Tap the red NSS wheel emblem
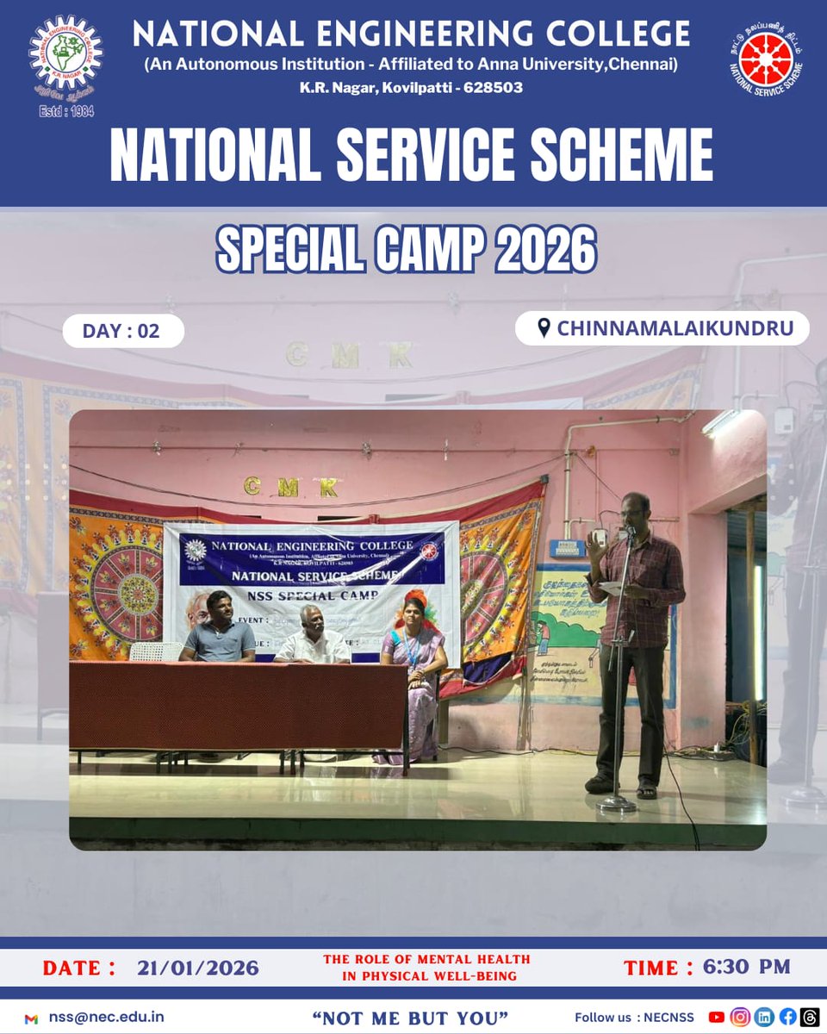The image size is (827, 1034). pos(766,61)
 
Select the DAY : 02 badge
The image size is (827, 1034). pos(122,331)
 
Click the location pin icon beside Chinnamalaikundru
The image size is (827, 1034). pos(544,328)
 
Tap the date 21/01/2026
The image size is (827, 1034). pos(197,967)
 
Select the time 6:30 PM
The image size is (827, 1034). pos(746,966)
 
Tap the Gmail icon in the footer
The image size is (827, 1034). pos(32,1018)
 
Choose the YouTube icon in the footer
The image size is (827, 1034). pos(717,1017)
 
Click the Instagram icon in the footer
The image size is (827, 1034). pos(740,1017)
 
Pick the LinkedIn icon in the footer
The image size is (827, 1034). pos(763,1017)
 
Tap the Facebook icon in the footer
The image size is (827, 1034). pos(787,1017)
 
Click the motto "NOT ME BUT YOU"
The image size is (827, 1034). pos(410,1018)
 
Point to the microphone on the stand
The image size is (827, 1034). pos(628,533)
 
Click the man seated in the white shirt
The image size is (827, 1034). pos(313,638)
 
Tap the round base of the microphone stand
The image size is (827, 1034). pos(617,803)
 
